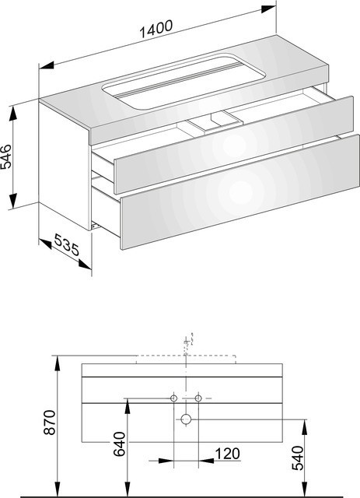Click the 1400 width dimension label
[156, 29]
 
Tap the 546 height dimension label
[6, 156]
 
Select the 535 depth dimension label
[67, 244]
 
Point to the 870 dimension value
[50, 423]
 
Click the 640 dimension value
[120, 444]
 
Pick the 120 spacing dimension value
[227, 454]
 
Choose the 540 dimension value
[298, 458]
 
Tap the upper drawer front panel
[234, 145]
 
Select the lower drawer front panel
[240, 192]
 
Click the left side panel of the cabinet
[65, 165]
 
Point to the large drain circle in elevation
[186, 419]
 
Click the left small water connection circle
[174, 398]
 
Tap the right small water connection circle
[198, 398]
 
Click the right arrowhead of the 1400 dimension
[268, 9]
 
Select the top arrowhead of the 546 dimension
[13, 114]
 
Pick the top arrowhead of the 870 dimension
[58, 363]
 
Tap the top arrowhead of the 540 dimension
[305, 427]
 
